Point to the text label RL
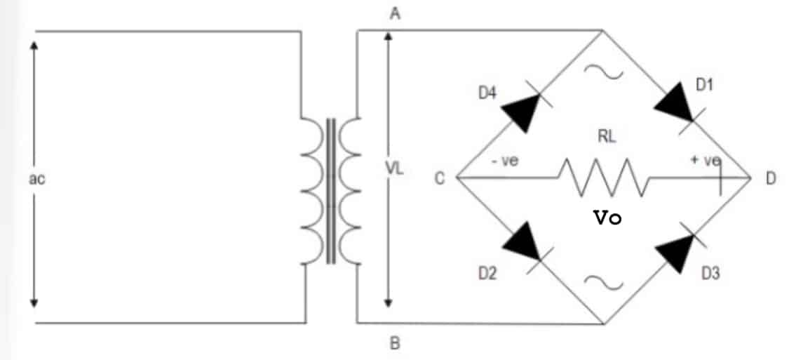click(x=607, y=138)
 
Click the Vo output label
click(x=607, y=218)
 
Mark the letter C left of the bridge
click(x=439, y=178)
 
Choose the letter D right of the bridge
click(x=771, y=178)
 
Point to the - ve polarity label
click(x=504, y=161)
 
